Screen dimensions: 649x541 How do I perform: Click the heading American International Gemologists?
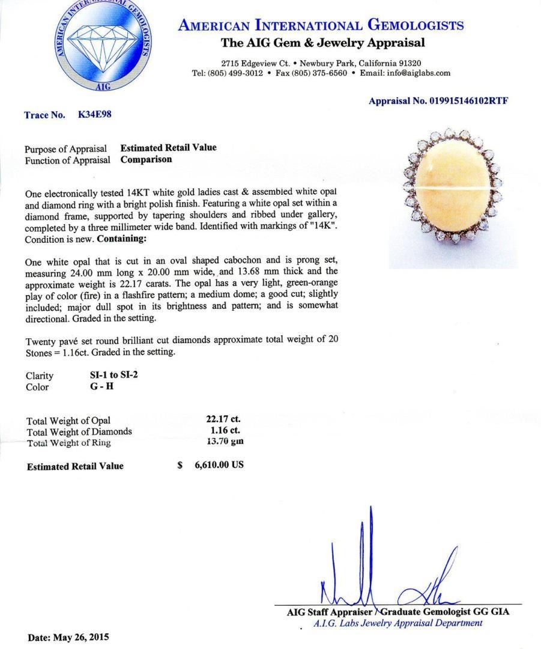tap(321, 26)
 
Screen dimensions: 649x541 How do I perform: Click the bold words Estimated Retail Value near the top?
tap(168, 148)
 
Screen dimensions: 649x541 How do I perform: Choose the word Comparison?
tap(146, 160)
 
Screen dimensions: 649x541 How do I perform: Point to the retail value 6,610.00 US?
tap(219, 466)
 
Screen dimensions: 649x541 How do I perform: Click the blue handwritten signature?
tap(384, 577)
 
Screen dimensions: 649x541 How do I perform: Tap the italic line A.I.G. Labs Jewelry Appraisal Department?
tap(397, 623)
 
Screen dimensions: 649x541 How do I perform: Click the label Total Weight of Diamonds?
tap(79, 431)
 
